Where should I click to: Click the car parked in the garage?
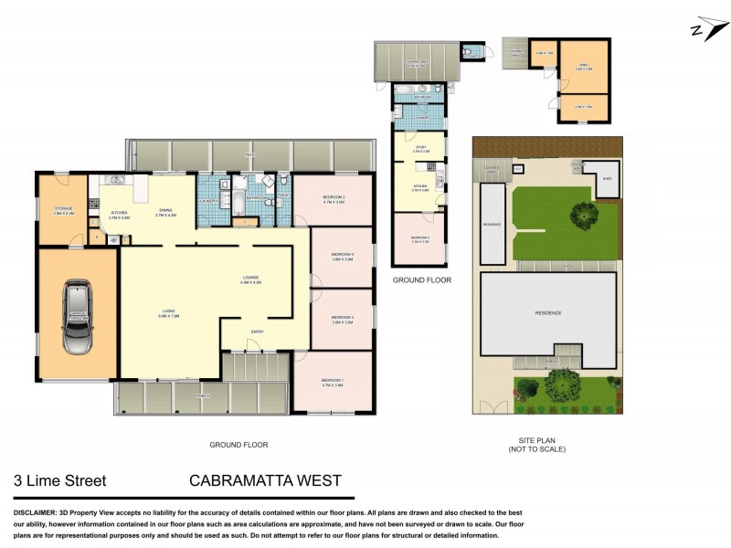coord(78,317)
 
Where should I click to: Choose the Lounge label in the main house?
coord(250,281)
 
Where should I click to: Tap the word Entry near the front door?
coord(258,332)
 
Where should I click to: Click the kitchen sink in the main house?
coord(114,179)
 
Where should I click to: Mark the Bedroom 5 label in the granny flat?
coord(419,240)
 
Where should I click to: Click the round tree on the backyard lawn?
coord(583,216)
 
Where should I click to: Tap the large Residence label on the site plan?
coord(548,313)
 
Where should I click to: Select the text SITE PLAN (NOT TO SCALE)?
coord(538,445)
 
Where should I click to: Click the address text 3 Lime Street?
coord(59,479)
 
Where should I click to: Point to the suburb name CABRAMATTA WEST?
coord(265,479)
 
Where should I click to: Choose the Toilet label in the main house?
coord(284,194)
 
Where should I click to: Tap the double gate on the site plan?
coord(493,407)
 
